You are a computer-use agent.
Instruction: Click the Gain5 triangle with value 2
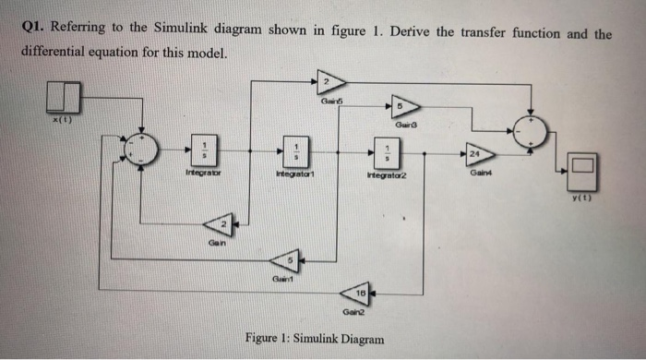tap(326, 81)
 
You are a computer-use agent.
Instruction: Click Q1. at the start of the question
tap(34, 30)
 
